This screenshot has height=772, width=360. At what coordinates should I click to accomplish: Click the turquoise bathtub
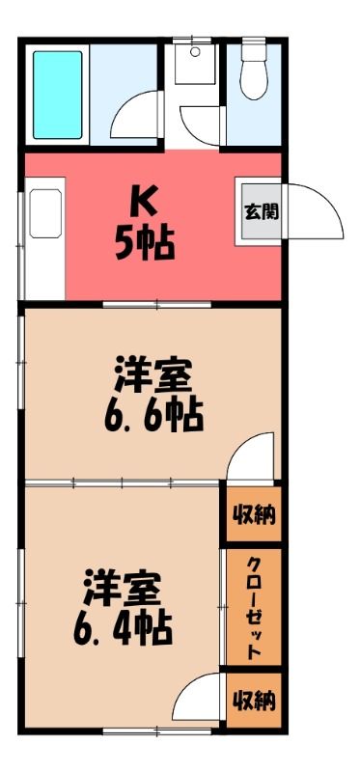tap(57, 95)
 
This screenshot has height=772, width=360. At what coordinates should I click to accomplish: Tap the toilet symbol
tap(254, 74)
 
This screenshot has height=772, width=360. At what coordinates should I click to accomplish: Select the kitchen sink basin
tap(45, 213)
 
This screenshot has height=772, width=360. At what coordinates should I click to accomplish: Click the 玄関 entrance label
tap(262, 212)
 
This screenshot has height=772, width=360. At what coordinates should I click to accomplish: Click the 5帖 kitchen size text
tap(145, 243)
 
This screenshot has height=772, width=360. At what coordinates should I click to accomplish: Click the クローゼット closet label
tap(254, 609)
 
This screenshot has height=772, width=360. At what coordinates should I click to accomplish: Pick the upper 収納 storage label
tap(254, 515)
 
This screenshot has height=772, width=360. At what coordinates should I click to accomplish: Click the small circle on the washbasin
tap(195, 51)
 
